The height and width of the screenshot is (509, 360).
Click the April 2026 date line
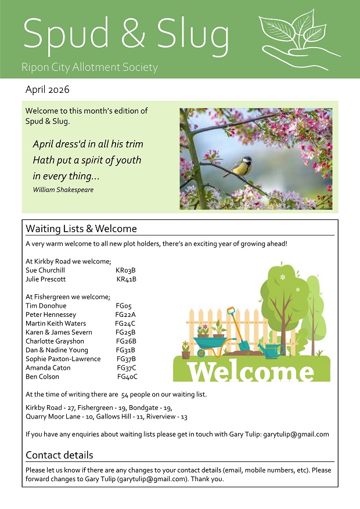[x=47, y=90]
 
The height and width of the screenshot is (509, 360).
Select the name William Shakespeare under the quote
[x=63, y=190]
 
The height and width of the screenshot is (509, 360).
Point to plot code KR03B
[x=125, y=270]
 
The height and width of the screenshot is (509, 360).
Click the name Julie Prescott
[x=46, y=279]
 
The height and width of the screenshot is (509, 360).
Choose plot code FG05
[x=124, y=306]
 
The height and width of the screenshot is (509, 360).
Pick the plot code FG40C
[x=127, y=377]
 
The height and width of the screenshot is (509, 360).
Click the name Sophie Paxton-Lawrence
[x=63, y=359]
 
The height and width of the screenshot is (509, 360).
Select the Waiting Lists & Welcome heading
[x=81, y=229]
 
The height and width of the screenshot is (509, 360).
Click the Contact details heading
[x=59, y=455]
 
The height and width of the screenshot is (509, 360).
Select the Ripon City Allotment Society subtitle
[x=89, y=67]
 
